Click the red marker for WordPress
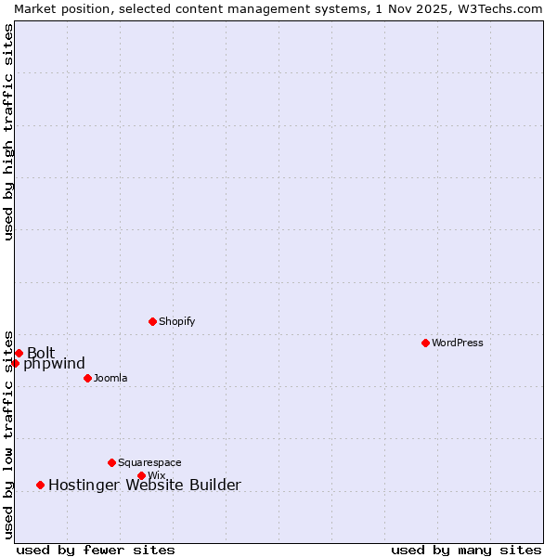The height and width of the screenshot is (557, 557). pyautogui.click(x=425, y=343)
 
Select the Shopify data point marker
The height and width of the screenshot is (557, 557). pyautogui.click(x=152, y=321)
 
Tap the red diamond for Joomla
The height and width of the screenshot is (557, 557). pyautogui.click(x=87, y=378)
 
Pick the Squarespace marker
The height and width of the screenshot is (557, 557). pyautogui.click(x=111, y=462)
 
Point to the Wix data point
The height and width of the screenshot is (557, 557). pyautogui.click(x=141, y=475)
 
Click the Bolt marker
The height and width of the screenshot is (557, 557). pyautogui.click(x=19, y=353)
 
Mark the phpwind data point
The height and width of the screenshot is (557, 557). pyautogui.click(x=15, y=363)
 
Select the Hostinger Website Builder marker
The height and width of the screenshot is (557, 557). pyautogui.click(x=40, y=485)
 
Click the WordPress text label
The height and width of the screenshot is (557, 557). pyautogui.click(x=458, y=343)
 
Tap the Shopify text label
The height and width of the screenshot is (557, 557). pyautogui.click(x=176, y=321)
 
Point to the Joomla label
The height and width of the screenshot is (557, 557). pyautogui.click(x=110, y=378)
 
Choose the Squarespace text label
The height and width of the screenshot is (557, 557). pyautogui.click(x=149, y=462)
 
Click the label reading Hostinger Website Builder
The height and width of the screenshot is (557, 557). pyautogui.click(x=144, y=485)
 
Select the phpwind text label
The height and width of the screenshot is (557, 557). pyautogui.click(x=54, y=364)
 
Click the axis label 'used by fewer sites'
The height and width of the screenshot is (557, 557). pyautogui.click(x=96, y=550)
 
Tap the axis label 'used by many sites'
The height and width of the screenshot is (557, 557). pyautogui.click(x=466, y=550)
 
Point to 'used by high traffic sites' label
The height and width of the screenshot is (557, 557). pyautogui.click(x=8, y=131)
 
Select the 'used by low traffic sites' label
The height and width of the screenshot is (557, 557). pyautogui.click(x=8, y=434)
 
